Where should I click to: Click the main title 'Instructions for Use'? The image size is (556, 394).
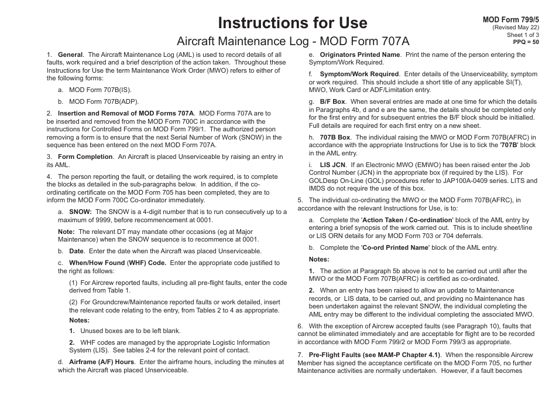293,23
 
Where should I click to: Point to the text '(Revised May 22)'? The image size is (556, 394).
516,28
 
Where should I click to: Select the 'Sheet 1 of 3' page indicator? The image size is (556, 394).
523,35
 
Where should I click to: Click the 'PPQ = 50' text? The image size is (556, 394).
526,42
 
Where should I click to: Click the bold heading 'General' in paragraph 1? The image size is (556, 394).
70,55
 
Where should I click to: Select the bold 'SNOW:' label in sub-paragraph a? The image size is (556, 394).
80,212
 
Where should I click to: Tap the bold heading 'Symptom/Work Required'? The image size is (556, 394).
359,74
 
